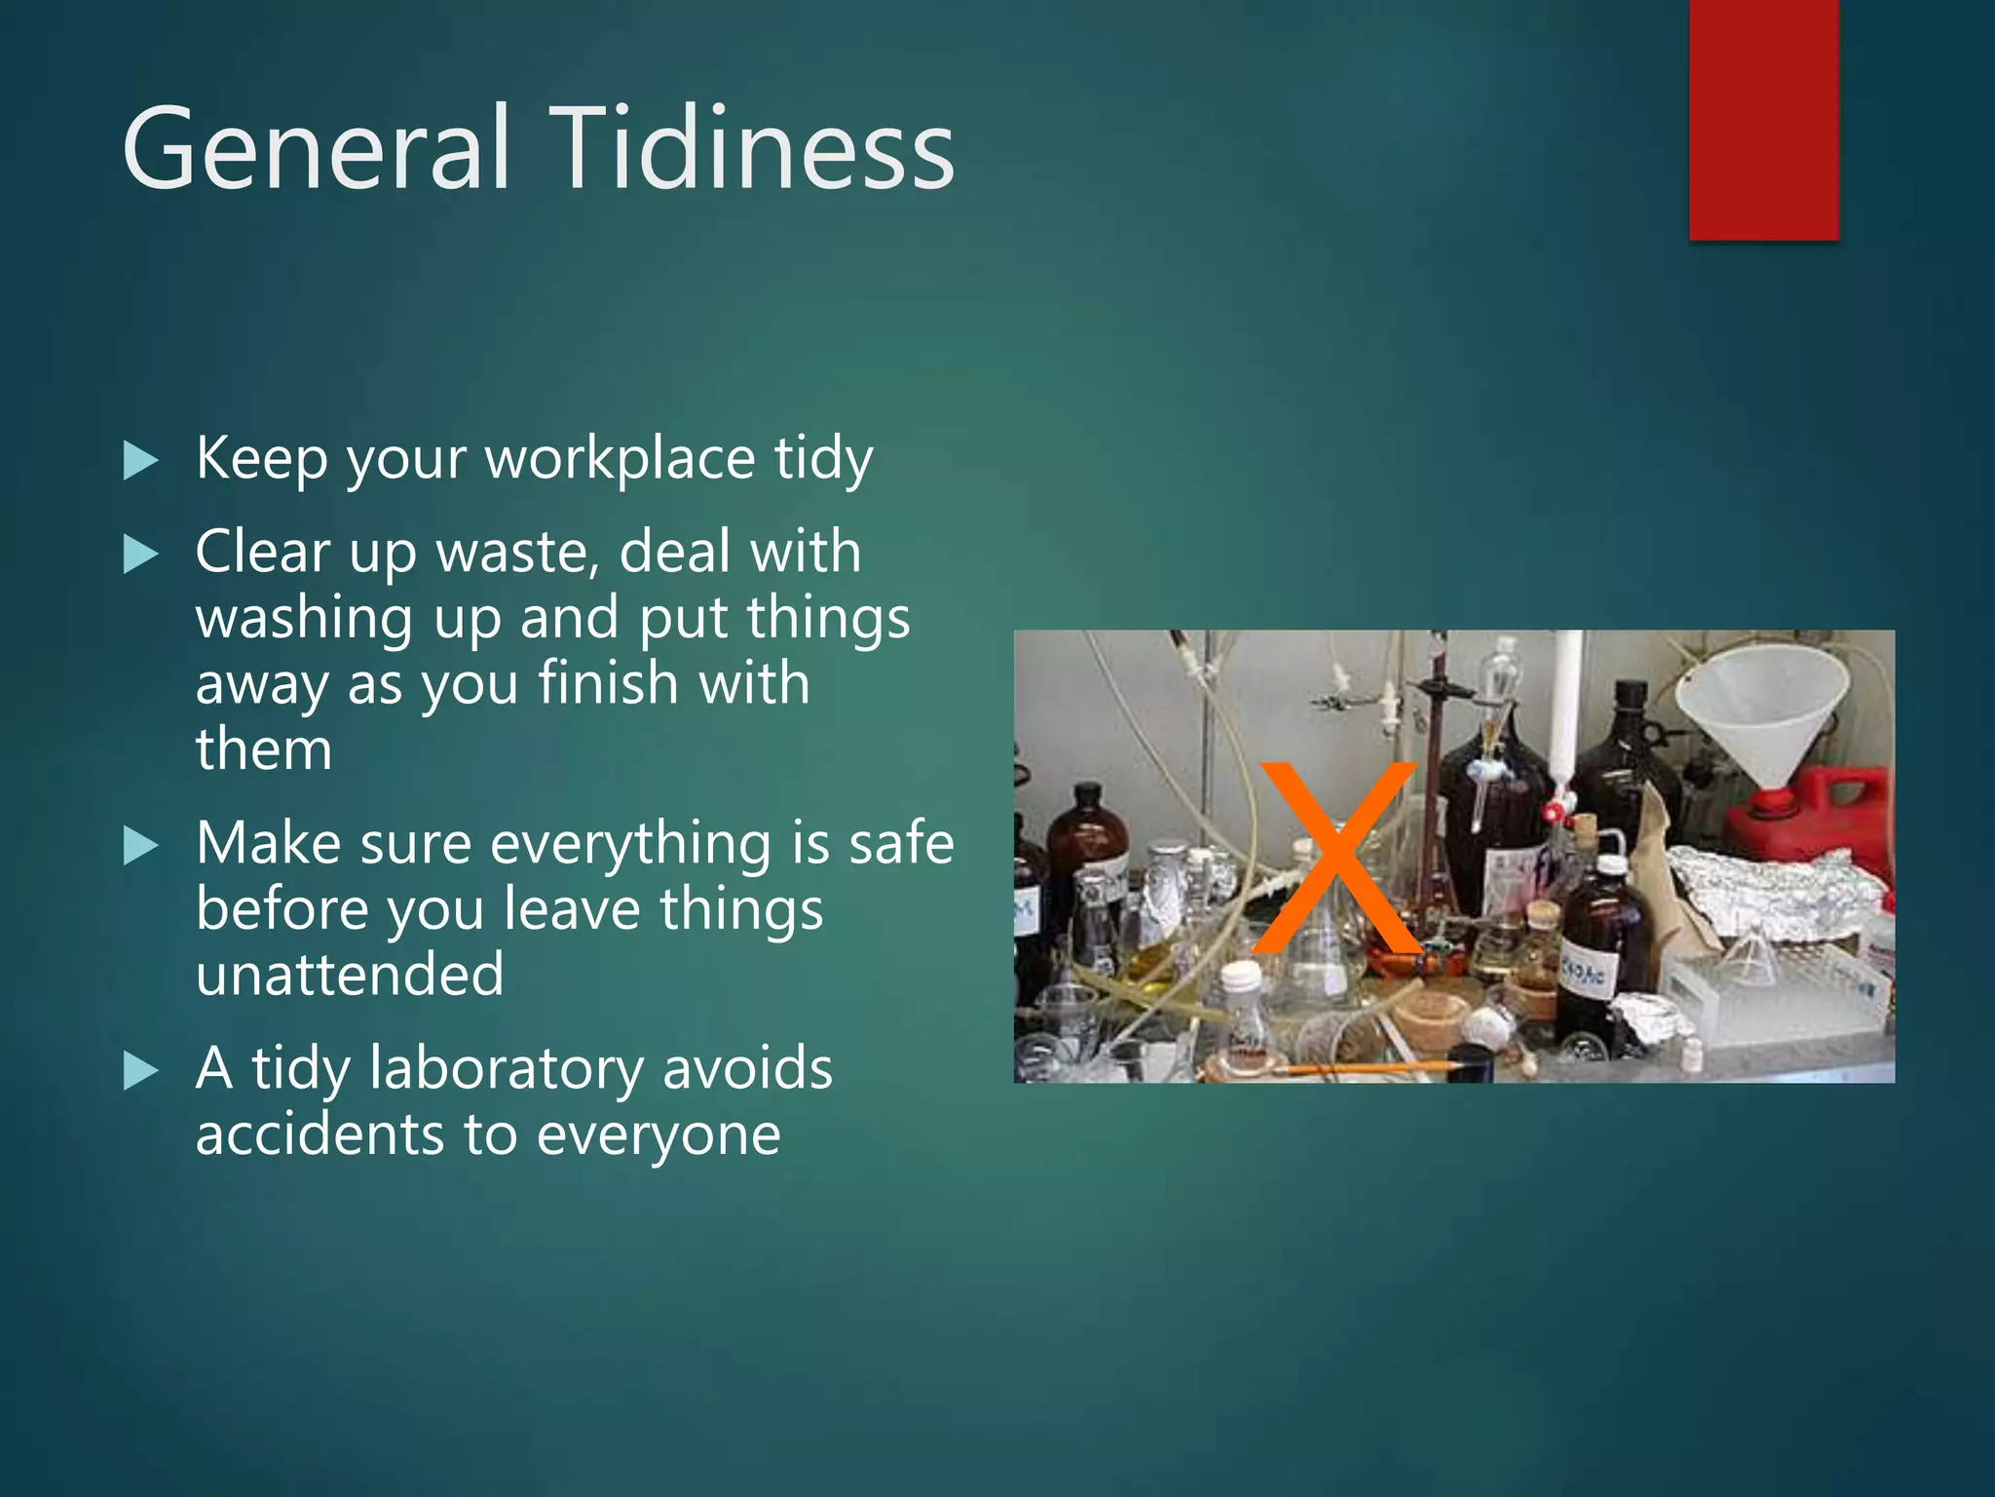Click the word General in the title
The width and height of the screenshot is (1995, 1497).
coord(316,148)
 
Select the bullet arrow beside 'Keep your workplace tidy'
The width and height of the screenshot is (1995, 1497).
coord(141,460)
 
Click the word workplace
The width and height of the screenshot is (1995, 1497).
coord(621,458)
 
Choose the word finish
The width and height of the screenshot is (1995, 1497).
coord(608,683)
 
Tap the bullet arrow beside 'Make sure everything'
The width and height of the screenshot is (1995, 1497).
coord(141,845)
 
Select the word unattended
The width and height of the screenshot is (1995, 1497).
coord(350,975)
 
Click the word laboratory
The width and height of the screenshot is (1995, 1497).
coord(507,1069)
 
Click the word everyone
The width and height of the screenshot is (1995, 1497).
coord(659,1135)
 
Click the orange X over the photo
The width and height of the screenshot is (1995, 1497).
coord(1336,858)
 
